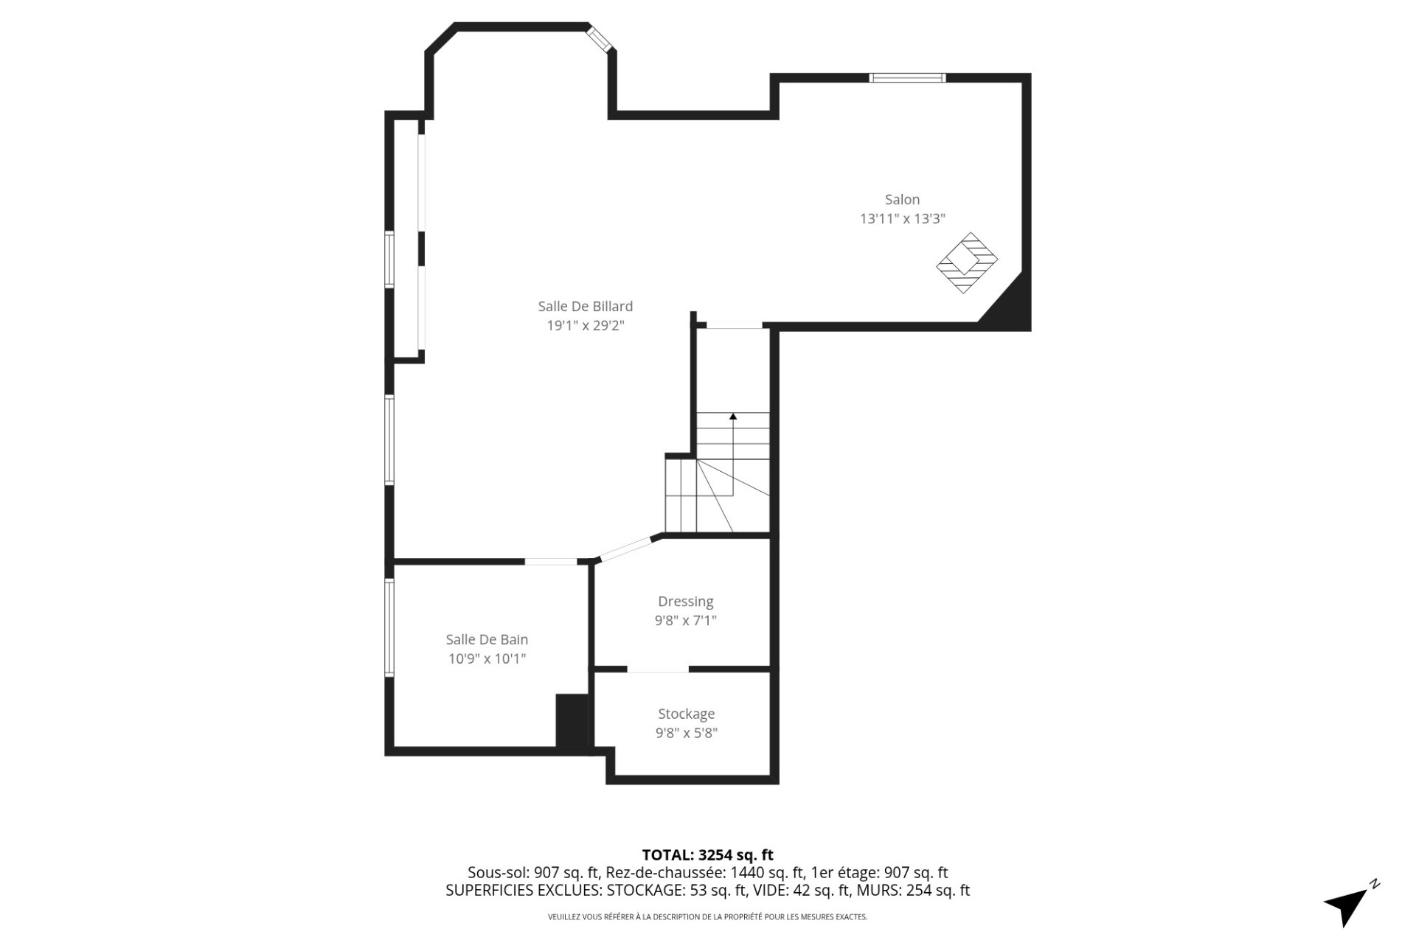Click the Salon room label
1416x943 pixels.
(902, 199)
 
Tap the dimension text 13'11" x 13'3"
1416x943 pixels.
(902, 219)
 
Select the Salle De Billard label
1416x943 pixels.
(585, 306)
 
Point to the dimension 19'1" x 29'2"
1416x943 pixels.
(585, 325)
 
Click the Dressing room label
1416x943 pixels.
(685, 602)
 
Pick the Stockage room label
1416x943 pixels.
(686, 714)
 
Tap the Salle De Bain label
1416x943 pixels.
(487, 639)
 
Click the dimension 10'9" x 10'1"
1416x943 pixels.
(487, 658)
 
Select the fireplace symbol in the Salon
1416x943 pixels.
(967, 262)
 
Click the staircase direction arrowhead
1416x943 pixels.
(733, 417)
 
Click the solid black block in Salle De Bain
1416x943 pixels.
(571, 720)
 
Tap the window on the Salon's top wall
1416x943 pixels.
(906, 77)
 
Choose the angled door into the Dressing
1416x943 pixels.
(627, 549)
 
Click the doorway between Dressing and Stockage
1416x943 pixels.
(657, 669)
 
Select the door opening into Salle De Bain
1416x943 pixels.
(550, 562)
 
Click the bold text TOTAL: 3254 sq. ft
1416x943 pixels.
(707, 855)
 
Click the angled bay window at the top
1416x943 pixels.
(600, 40)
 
